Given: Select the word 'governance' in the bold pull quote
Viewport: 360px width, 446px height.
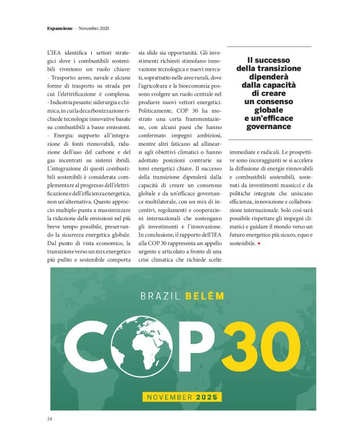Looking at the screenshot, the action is pos(268,127).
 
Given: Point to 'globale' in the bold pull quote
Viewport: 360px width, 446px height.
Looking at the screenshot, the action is pos(268,109).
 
